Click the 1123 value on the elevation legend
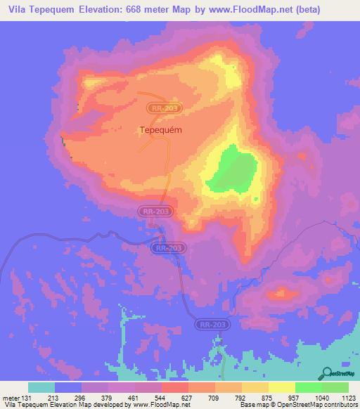click(347, 397)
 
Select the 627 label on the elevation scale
click(190, 397)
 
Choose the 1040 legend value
click(321, 397)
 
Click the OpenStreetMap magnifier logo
click(327, 372)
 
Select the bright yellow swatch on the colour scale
click(281, 387)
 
